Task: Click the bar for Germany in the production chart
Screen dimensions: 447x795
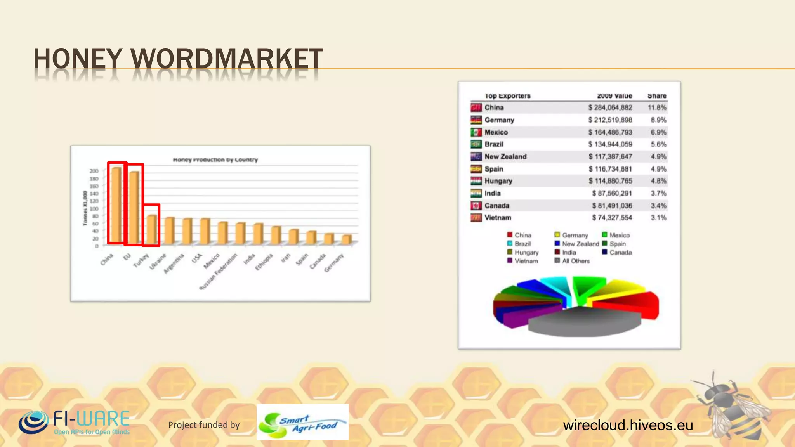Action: (347, 239)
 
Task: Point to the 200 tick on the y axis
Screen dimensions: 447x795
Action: (94, 171)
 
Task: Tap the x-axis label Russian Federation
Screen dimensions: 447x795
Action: (219, 271)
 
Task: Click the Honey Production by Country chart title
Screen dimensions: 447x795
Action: (215, 159)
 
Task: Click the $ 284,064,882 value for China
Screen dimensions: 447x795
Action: (610, 107)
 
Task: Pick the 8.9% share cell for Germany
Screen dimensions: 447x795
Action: (658, 120)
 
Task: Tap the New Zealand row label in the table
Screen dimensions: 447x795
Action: (505, 156)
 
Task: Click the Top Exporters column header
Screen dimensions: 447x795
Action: (507, 95)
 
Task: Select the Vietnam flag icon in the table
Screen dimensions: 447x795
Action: (476, 218)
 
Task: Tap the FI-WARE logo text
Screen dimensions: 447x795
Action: (91, 419)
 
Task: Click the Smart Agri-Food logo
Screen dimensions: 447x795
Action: (302, 422)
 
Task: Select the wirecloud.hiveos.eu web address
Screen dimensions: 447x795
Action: (628, 425)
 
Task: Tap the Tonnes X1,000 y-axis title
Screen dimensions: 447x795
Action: (85, 208)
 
